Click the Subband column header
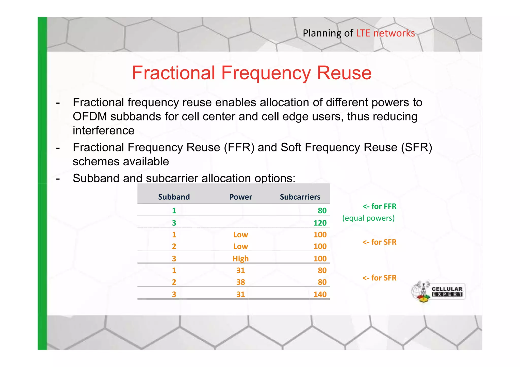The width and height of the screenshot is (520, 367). pyautogui.click(x=174, y=197)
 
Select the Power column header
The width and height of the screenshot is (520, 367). pyautogui.click(x=240, y=197)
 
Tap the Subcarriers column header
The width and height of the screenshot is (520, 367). pyautogui.click(x=300, y=197)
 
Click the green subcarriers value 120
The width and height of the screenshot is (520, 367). pyautogui.click(x=320, y=223)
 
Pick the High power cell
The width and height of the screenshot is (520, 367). pyautogui.click(x=240, y=259)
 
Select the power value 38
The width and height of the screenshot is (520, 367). pyautogui.click(x=240, y=282)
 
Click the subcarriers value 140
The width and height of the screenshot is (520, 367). pyautogui.click(x=320, y=294)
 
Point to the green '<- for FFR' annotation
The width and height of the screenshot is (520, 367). pyautogui.click(x=379, y=206)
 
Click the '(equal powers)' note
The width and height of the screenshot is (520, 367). pyautogui.click(x=368, y=218)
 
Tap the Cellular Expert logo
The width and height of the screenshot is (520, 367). pyautogui.click(x=438, y=292)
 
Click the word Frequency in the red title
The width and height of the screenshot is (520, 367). pyautogui.click(x=266, y=73)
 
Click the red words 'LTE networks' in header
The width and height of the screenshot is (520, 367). pyautogui.click(x=385, y=33)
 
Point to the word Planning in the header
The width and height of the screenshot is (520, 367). pyautogui.click(x=322, y=33)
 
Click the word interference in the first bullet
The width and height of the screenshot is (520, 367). pyautogui.click(x=104, y=131)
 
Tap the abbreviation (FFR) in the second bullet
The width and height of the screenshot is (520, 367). pyautogui.click(x=239, y=147)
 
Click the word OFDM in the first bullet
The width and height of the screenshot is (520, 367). pyautogui.click(x=90, y=117)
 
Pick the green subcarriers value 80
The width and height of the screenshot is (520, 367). pyautogui.click(x=322, y=211)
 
